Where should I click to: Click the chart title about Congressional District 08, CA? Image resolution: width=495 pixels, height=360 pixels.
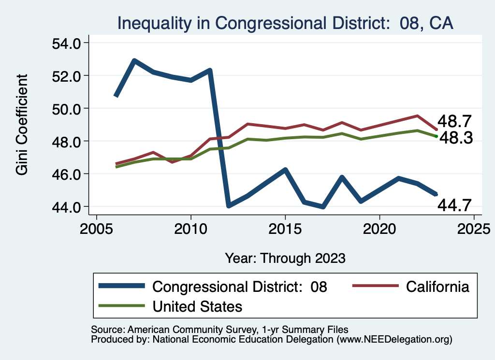(285, 23)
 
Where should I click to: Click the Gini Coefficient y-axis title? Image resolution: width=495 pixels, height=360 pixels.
(22, 125)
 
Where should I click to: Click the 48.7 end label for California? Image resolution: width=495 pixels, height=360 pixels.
(454, 121)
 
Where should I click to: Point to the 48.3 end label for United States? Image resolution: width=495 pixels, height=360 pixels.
(454, 139)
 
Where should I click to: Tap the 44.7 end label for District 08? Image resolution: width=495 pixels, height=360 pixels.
(454, 205)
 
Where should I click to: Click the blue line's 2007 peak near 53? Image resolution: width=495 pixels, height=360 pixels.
(134, 61)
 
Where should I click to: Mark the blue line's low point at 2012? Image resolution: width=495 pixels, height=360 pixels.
(228, 206)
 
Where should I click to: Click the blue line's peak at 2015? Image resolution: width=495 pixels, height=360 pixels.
(285, 170)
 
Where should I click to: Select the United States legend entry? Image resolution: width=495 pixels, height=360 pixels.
(197, 306)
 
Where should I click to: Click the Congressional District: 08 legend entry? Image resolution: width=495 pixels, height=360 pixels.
(240, 287)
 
